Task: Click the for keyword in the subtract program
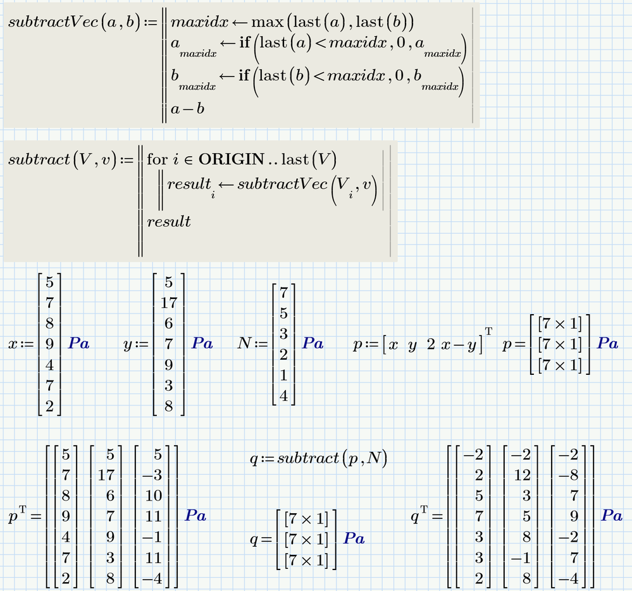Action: click(x=156, y=159)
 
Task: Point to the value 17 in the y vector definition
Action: click(x=169, y=303)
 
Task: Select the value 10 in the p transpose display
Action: click(x=154, y=496)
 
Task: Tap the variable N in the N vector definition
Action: click(x=245, y=344)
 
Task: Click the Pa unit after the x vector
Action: click(x=78, y=344)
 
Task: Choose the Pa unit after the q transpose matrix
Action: click(x=612, y=516)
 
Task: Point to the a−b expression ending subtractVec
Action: click(x=189, y=109)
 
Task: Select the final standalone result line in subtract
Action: click(x=168, y=221)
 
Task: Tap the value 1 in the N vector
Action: click(x=284, y=375)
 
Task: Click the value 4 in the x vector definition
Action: click(x=49, y=365)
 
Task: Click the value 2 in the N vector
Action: click(x=284, y=355)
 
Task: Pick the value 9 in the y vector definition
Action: click(x=169, y=365)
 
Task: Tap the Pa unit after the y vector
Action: click(x=202, y=344)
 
